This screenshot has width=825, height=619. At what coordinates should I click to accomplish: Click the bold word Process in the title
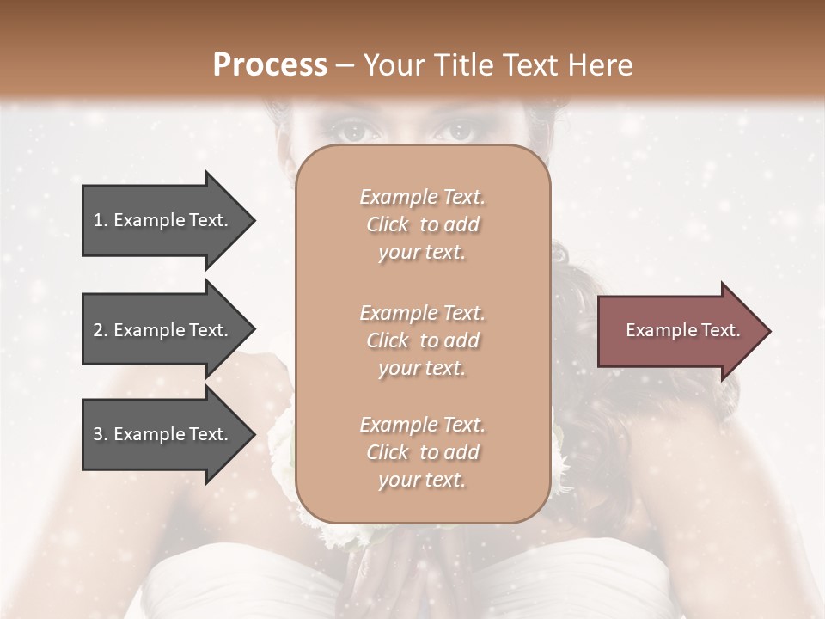270,65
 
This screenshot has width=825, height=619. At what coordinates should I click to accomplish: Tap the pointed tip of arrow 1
254,220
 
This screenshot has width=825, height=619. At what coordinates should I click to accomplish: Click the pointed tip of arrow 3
254,435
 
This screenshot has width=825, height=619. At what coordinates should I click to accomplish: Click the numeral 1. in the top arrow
101,220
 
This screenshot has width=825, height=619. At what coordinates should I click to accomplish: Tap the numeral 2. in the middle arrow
101,330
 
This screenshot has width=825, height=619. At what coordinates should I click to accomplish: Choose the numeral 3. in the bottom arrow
101,435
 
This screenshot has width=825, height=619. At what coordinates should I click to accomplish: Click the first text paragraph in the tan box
422,224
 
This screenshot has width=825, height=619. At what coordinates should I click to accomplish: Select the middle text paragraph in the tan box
422,340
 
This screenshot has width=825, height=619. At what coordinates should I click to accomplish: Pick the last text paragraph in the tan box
422,452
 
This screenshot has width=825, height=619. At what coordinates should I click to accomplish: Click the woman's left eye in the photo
351,132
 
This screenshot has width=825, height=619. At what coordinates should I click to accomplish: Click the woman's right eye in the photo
455,132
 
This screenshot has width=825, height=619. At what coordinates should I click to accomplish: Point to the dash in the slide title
345,65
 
